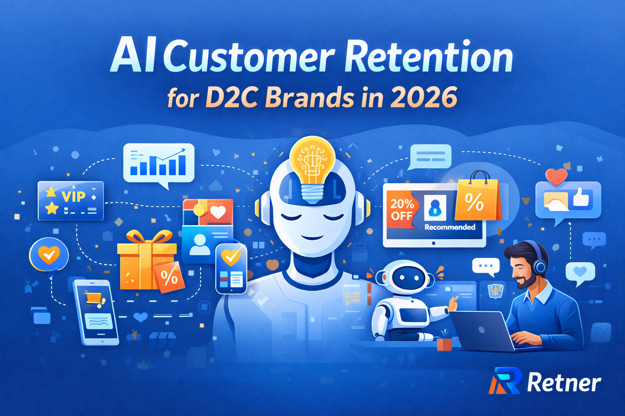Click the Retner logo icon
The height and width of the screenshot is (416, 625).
coord(505,381)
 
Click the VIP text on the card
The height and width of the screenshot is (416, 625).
coord(74,197)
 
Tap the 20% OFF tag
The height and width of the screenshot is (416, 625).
coord(401,210)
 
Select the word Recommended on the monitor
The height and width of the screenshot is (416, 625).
coord(450,227)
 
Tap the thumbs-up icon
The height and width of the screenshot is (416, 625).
coord(581,197)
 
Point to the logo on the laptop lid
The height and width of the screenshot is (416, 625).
coord(482,330)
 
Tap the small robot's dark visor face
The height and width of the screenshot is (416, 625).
coord(409,277)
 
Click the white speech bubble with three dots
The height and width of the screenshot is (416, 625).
coord(486,266)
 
